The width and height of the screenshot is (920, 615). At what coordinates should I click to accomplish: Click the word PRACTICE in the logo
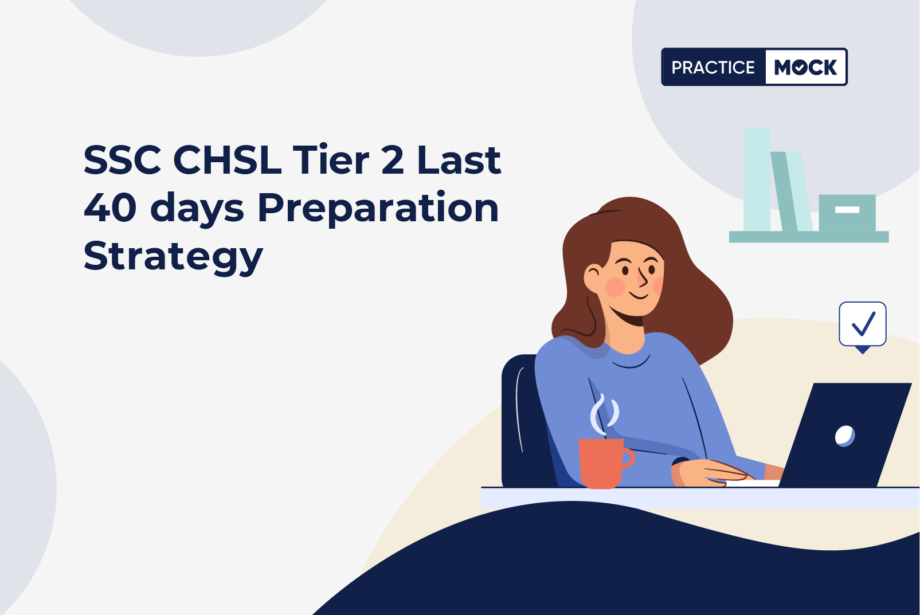pyautogui.click(x=713, y=67)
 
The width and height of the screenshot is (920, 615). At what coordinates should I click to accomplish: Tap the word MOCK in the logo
pyautogui.click(x=805, y=67)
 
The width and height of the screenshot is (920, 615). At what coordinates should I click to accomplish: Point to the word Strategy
pyautogui.click(x=173, y=257)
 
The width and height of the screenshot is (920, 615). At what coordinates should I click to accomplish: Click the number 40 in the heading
pyautogui.click(x=111, y=208)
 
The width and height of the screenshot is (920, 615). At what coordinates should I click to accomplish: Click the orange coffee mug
pyautogui.click(x=605, y=463)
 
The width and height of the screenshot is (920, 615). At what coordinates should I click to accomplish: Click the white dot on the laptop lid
pyautogui.click(x=844, y=436)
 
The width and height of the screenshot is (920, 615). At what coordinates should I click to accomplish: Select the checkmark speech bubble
pyautogui.click(x=863, y=327)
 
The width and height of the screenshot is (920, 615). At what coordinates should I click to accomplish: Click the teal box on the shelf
pyautogui.click(x=847, y=213)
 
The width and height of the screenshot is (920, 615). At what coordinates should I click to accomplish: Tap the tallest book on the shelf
pyautogui.click(x=757, y=179)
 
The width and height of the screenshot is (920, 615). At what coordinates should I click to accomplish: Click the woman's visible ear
pyautogui.click(x=593, y=277)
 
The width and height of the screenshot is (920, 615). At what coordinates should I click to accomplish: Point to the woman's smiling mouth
pyautogui.click(x=639, y=295)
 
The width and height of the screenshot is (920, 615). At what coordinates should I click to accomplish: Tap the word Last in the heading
pyautogui.click(x=459, y=160)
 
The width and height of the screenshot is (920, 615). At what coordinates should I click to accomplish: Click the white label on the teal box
pyautogui.click(x=847, y=210)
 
